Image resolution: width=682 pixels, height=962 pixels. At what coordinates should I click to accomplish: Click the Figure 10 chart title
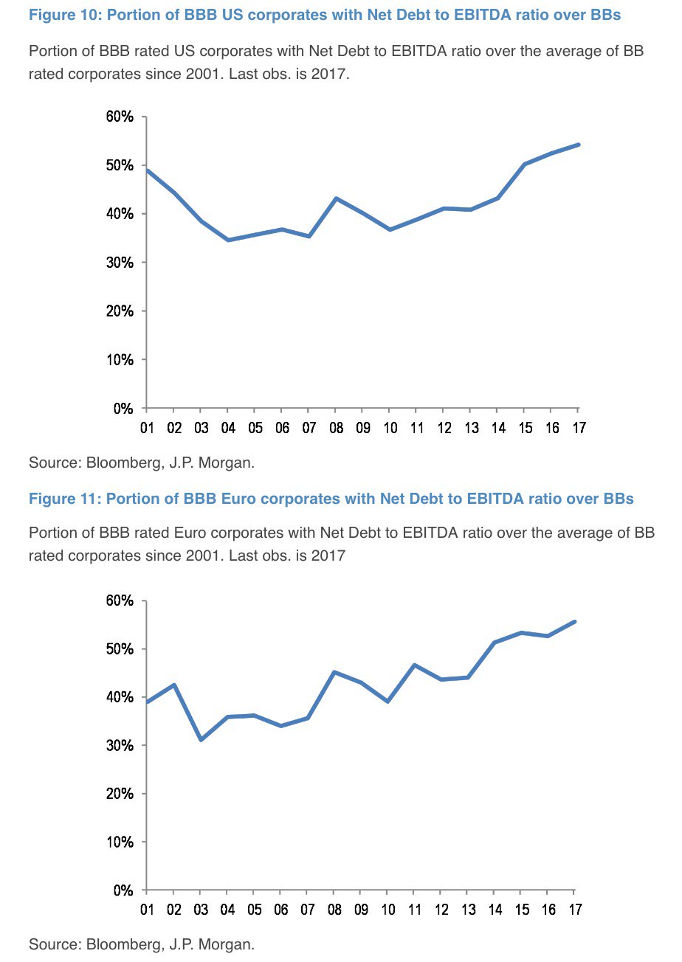point(325,15)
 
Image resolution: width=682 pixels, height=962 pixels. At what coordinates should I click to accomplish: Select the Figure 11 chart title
point(331,499)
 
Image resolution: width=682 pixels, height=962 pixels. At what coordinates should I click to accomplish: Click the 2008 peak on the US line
point(336,198)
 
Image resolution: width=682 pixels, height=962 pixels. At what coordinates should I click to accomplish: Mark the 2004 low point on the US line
point(227,240)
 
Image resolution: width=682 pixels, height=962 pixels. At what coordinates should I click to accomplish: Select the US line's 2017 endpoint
point(579,145)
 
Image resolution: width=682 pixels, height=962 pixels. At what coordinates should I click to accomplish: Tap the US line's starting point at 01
point(147,170)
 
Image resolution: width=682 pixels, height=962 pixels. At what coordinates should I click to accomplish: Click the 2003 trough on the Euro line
point(201,739)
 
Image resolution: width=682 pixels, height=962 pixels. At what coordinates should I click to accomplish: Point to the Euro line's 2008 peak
point(334,672)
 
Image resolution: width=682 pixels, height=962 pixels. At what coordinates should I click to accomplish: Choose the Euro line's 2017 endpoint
point(574,621)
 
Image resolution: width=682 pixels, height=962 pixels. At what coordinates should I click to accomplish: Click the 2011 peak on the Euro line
point(414,665)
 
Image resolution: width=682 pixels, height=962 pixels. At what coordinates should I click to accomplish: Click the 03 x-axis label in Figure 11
point(200,909)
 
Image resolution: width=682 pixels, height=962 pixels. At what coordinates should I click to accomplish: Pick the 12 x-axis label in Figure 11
point(441,909)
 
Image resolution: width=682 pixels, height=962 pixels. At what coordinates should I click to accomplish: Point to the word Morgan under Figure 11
point(232,944)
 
